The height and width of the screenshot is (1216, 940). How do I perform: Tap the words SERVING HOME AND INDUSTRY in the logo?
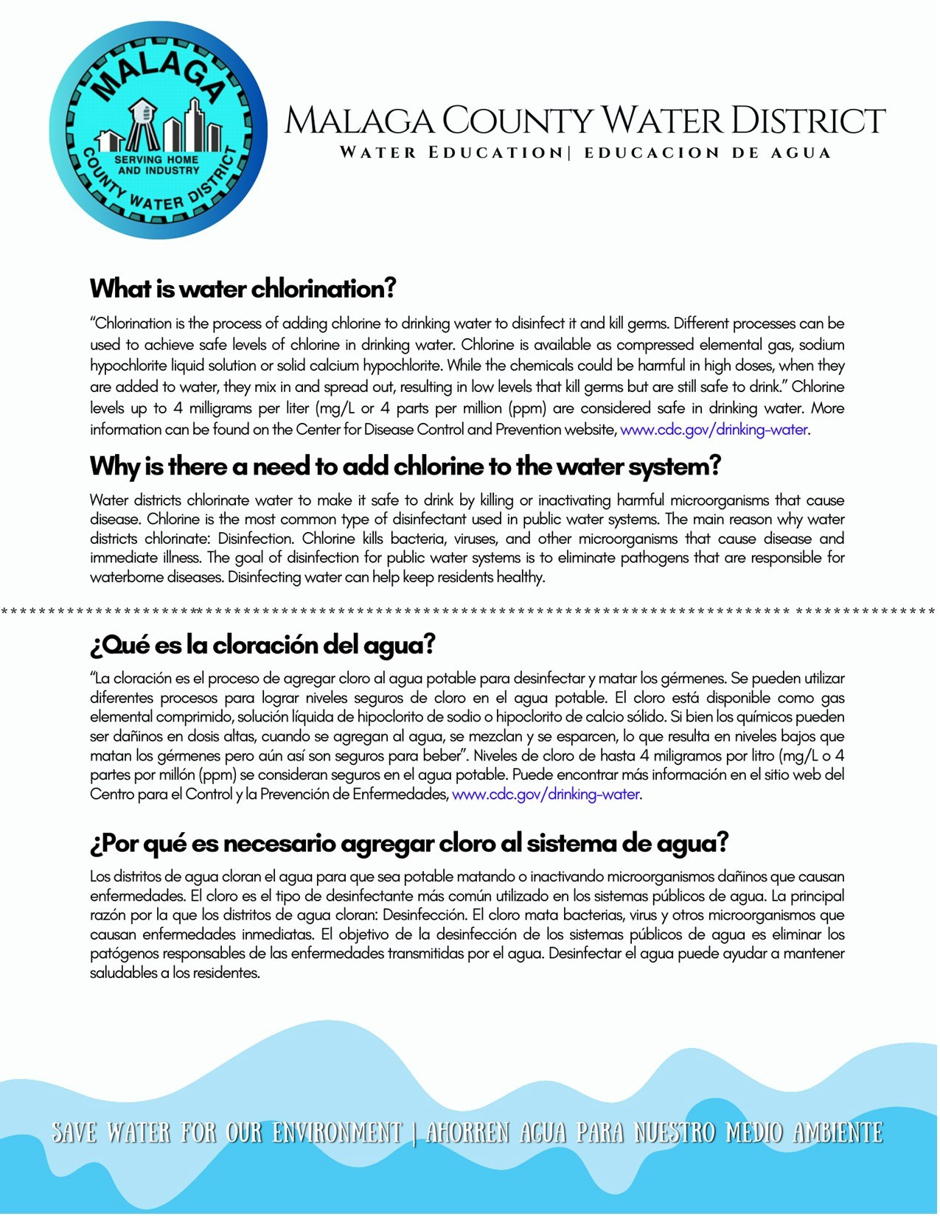157,164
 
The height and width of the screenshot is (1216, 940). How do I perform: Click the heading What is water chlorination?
243,288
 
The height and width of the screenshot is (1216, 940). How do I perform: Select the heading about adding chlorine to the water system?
405,467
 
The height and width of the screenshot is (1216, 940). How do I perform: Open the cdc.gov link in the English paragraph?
714,430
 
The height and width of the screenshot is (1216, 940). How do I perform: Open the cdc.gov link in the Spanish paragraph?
546,794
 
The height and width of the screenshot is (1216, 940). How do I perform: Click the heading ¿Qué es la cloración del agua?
262,645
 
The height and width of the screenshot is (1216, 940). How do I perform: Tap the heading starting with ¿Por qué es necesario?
409,843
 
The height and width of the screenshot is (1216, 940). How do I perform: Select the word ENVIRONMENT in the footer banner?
336,1133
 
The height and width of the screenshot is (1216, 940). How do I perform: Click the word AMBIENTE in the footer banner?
838,1133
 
